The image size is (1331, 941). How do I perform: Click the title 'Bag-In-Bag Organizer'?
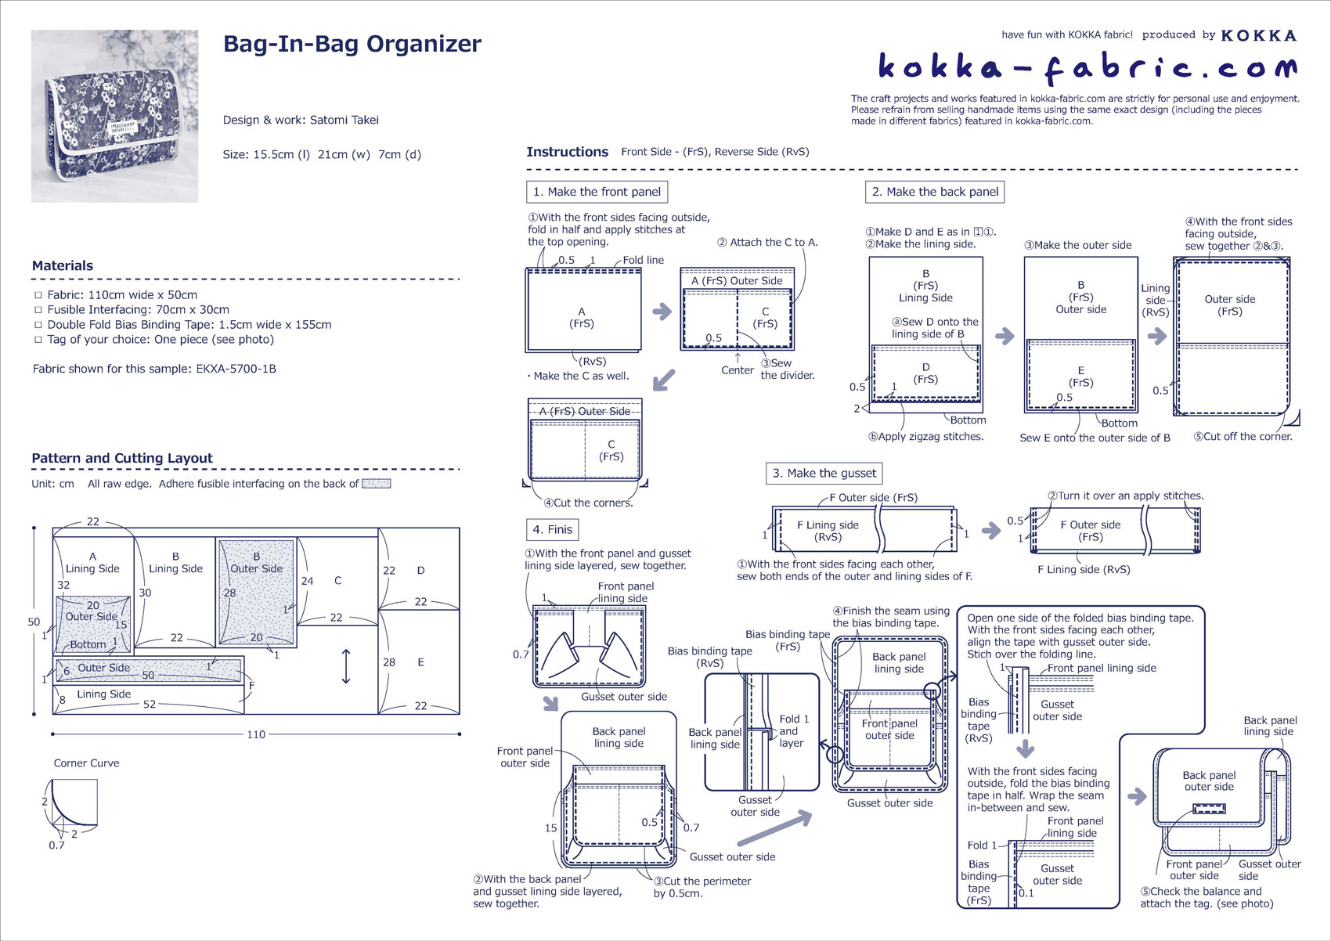(352, 44)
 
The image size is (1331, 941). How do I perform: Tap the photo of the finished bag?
(114, 116)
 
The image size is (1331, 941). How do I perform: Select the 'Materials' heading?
(63, 265)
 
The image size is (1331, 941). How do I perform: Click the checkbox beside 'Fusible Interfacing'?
(38, 310)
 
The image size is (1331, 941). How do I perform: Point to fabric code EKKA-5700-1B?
(236, 369)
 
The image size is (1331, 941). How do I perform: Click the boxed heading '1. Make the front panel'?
(597, 192)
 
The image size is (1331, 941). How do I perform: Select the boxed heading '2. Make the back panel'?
(935, 192)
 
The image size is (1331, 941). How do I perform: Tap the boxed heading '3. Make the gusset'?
(824, 473)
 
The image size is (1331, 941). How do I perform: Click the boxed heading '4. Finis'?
(552, 529)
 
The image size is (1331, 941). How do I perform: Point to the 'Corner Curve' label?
(86, 763)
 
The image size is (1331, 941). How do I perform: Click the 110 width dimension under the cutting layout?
(256, 734)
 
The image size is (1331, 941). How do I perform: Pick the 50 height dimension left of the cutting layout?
(34, 622)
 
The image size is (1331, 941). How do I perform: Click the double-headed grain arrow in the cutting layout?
(346, 666)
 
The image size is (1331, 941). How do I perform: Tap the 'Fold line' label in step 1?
(643, 260)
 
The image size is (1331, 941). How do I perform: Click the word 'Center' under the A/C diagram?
(738, 370)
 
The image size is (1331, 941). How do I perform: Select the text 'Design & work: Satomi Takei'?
(301, 120)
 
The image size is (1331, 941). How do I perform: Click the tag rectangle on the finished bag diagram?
(1209, 809)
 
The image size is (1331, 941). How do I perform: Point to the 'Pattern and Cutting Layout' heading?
(122, 458)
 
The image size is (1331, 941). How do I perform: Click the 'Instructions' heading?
(567, 152)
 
